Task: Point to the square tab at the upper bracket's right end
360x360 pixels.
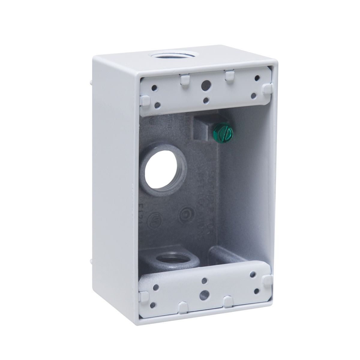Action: pyautogui.click(x=266, y=88)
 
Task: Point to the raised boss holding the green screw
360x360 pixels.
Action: pyautogui.click(x=203, y=128)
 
